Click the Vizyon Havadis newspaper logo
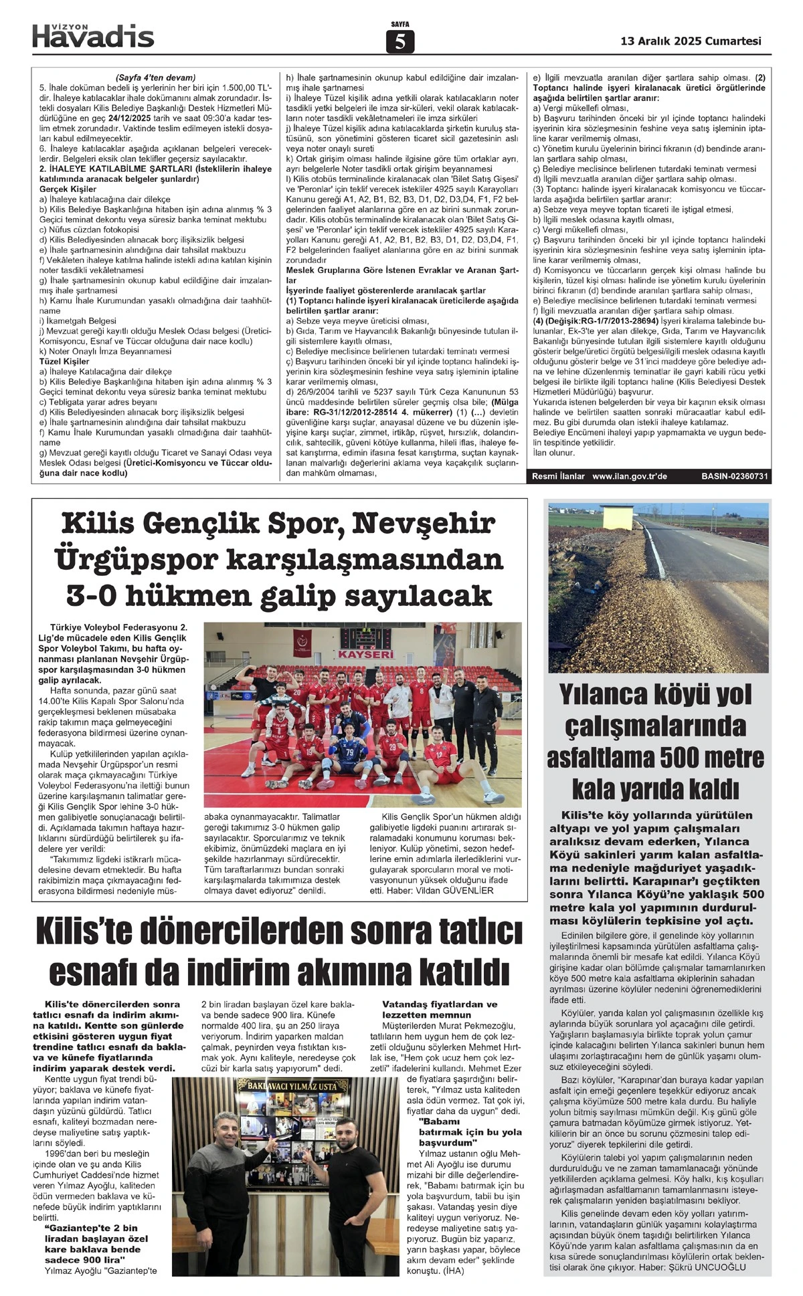pos(93,35)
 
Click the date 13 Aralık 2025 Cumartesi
pos(691,41)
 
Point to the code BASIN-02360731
pos(735,477)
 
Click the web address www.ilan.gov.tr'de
pos(630,477)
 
